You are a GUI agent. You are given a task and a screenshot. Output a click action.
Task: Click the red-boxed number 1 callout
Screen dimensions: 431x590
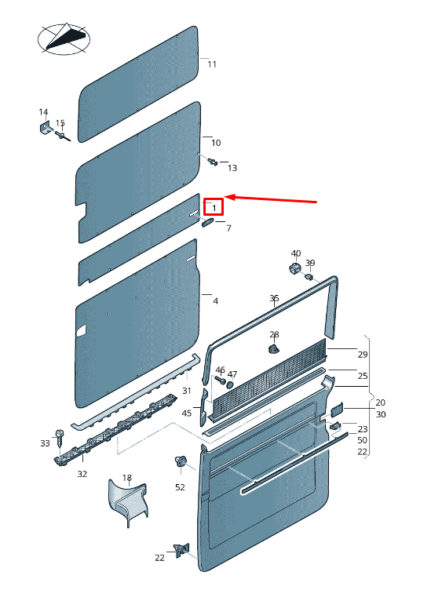(214, 206)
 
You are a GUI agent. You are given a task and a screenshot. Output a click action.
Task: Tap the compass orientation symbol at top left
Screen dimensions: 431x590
(64, 38)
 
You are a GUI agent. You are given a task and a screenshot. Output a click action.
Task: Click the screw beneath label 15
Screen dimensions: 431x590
(63, 136)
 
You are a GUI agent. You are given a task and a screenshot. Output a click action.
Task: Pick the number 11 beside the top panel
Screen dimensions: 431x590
(212, 64)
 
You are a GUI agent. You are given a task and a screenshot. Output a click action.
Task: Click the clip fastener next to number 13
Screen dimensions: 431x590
(213, 162)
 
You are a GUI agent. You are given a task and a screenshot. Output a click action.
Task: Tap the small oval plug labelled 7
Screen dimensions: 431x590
(207, 222)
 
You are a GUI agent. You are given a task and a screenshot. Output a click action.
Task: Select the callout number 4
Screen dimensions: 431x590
(215, 301)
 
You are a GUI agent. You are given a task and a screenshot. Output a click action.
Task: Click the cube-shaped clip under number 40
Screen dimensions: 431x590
(294, 268)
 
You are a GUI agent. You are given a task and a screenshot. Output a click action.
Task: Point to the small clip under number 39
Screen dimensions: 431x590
(309, 277)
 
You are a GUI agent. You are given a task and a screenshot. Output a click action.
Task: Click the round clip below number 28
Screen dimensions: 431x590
(274, 348)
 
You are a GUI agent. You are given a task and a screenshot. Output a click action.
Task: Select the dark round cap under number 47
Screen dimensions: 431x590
(229, 385)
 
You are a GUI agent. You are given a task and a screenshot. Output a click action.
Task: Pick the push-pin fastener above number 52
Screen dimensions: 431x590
(181, 461)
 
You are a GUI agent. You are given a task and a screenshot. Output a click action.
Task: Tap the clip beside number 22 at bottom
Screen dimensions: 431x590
(181, 550)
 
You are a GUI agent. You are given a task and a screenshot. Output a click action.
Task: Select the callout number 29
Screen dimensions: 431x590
(363, 355)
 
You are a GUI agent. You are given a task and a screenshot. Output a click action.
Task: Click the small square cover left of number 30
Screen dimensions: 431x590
(337, 409)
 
